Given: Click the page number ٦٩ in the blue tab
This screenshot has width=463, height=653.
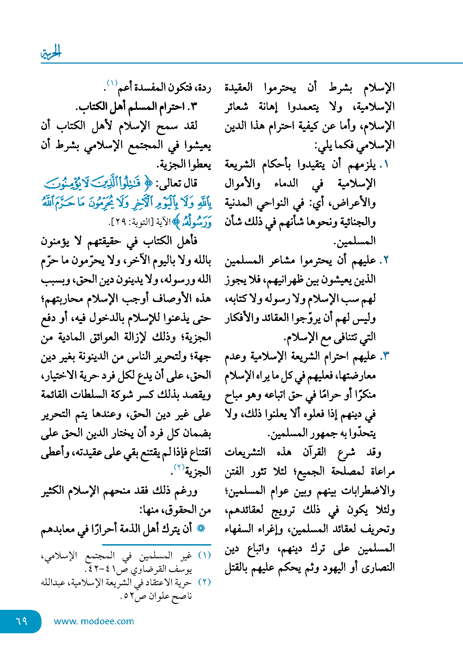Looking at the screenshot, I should [x=21, y=621].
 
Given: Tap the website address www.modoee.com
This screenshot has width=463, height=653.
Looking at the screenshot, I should [x=94, y=621].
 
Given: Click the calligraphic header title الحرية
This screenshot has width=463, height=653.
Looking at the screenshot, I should [x=51, y=53].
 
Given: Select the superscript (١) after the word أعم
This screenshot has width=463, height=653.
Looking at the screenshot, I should [x=112, y=83].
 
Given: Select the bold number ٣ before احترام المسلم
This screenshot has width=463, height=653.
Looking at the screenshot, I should [x=193, y=106].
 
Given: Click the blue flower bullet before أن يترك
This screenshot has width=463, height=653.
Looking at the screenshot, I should [x=201, y=529].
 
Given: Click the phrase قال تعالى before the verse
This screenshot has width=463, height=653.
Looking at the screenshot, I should [x=179, y=183].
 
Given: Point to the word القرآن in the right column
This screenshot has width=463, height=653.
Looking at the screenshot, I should [x=314, y=452].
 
